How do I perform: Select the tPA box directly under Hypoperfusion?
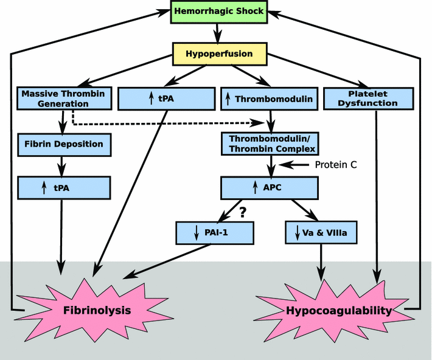166,99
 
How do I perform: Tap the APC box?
270,188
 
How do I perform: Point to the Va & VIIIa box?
320,232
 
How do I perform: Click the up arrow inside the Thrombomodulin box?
228,99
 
